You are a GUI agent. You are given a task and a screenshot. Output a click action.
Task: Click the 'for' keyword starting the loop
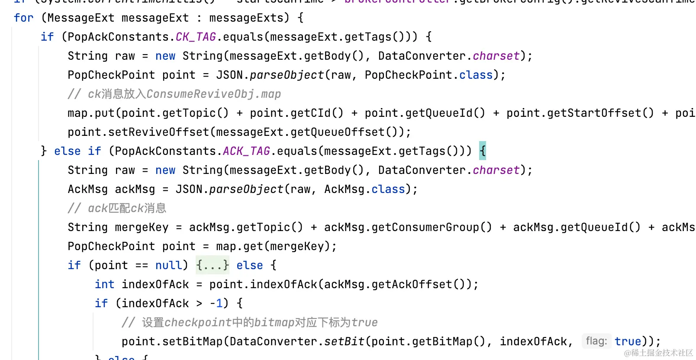pos(23,18)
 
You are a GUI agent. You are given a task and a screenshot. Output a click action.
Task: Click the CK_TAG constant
pos(196,37)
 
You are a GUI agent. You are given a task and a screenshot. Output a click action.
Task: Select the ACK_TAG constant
pos(246,151)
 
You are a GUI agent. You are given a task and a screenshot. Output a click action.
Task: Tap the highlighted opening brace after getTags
pos(483,151)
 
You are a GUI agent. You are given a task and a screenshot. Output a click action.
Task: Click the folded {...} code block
pos(212,265)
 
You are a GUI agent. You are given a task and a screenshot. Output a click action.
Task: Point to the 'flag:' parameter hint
pos(596,341)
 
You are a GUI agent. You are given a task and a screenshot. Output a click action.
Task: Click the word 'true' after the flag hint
pos(628,341)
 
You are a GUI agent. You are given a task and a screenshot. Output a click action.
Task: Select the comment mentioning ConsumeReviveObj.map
pos(174,94)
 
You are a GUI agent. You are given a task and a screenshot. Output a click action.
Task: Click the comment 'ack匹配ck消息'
pos(117,208)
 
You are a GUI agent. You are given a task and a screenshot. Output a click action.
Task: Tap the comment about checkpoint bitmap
pos(249,322)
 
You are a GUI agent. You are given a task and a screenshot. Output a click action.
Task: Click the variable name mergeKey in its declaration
pos(142,227)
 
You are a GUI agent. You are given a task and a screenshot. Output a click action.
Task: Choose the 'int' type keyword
pos(104,284)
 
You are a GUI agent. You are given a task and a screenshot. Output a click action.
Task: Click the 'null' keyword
pos(169,265)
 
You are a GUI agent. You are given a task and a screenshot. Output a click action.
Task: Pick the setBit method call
pos(344,341)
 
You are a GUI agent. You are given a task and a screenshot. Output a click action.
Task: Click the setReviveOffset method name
pos(158,132)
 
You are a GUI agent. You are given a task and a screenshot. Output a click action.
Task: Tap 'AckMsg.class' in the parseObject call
pos(364,189)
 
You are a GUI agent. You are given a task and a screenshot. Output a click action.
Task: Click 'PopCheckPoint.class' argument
pos(429,75)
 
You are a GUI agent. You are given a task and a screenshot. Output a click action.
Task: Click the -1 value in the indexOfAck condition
pos(216,303)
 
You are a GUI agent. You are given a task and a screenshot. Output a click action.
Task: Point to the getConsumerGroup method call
pos(408,227)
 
